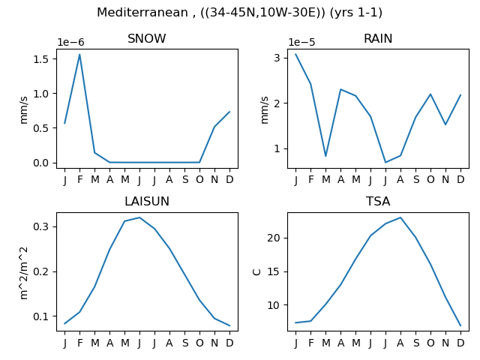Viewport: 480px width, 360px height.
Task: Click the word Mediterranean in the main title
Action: pyautogui.click(x=142, y=13)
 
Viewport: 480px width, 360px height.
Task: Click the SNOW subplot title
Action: pyautogui.click(x=147, y=38)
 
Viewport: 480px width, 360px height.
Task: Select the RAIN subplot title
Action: pyautogui.click(x=378, y=38)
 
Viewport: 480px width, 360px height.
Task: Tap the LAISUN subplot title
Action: pyautogui.click(x=147, y=202)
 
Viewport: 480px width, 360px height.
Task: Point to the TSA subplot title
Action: pyautogui.click(x=378, y=202)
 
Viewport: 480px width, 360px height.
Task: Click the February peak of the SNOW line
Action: pyautogui.click(x=79, y=55)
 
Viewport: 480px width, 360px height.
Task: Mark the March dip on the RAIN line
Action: pyautogui.click(x=325, y=156)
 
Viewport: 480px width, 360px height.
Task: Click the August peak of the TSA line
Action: pyautogui.click(x=400, y=217)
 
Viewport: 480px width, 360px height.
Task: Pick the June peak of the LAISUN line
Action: pyautogui.click(x=139, y=217)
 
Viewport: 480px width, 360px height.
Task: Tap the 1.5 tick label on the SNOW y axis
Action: pyautogui.click(x=41, y=59)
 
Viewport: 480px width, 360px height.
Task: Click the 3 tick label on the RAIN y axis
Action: pyautogui.click(x=277, y=58)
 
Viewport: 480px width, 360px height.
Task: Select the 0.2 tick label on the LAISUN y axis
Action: pyautogui.click(x=41, y=271)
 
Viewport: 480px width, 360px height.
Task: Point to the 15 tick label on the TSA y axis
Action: pyautogui.click(x=274, y=271)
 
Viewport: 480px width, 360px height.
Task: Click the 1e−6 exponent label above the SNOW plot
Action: pyautogui.click(x=70, y=42)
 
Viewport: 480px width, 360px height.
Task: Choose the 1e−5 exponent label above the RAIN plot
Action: pyautogui.click(x=301, y=42)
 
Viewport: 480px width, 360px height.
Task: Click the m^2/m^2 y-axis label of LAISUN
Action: pyautogui.click(x=23, y=273)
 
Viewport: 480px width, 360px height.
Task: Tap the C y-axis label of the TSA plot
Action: pyautogui.click(x=256, y=271)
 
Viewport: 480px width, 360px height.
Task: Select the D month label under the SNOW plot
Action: pyautogui.click(x=229, y=179)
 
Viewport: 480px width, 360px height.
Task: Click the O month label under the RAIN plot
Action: pyautogui.click(x=430, y=179)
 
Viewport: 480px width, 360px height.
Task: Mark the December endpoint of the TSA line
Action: pyautogui.click(x=460, y=325)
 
